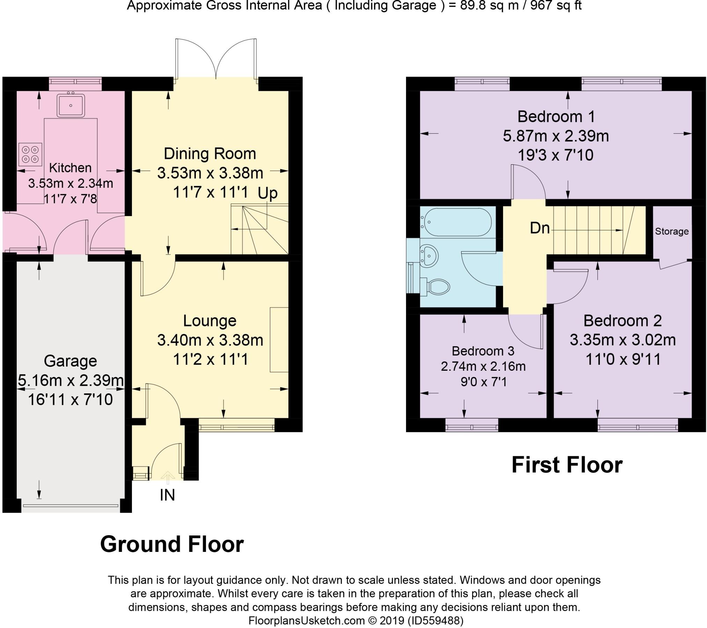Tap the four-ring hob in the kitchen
click(30, 154)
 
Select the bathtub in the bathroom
click(456, 222)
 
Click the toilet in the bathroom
click(435, 286)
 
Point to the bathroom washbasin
click(428, 254)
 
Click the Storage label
click(672, 231)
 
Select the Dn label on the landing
click(540, 228)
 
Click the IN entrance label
click(167, 495)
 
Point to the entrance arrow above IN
click(168, 478)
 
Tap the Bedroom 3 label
click(483, 351)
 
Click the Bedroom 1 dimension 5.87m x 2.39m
click(556, 136)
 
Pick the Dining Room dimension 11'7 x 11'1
click(211, 192)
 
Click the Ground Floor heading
click(172, 544)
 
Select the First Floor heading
click(567, 465)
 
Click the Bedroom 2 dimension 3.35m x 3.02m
click(623, 340)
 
